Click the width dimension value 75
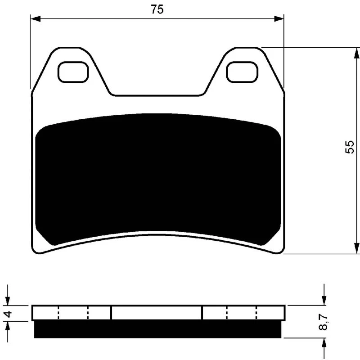(157, 10)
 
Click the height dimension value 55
(350, 147)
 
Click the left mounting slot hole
(73, 72)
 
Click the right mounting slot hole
(243, 72)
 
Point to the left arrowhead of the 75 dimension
(35, 19)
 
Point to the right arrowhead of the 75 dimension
(279, 19)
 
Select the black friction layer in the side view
(157, 329)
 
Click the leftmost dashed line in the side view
(58, 313)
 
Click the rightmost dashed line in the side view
(256, 313)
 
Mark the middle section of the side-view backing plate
(157, 313)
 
